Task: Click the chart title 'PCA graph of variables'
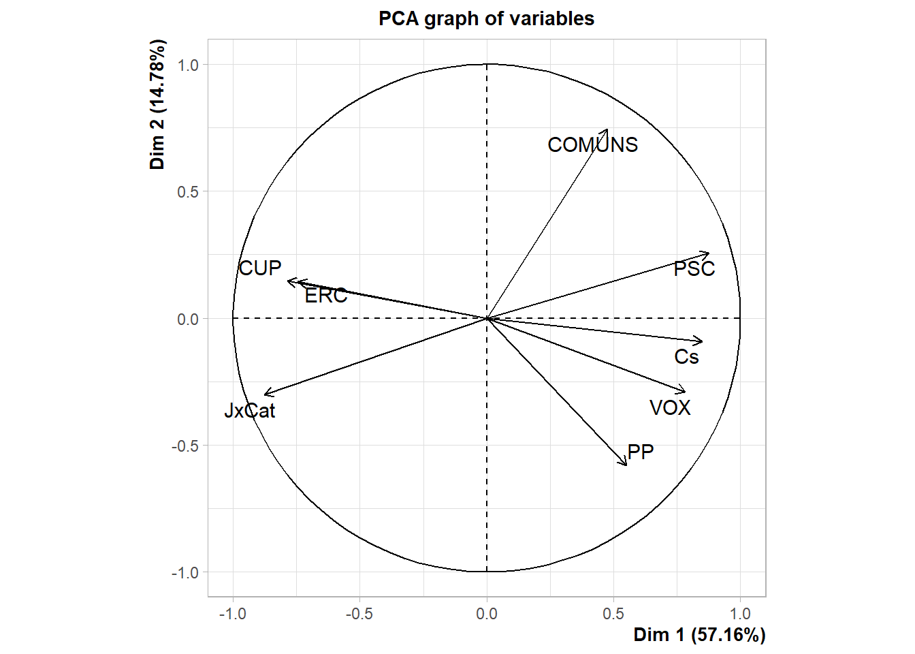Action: pyautogui.click(x=486, y=18)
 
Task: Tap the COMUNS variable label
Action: pyautogui.click(x=592, y=145)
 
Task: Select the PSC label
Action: pyautogui.click(x=694, y=269)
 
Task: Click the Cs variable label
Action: pyautogui.click(x=686, y=357)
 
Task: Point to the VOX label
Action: pyautogui.click(x=670, y=407)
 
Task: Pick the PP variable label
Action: pyautogui.click(x=640, y=452)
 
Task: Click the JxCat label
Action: pyautogui.click(x=250, y=411)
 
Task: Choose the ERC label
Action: pyautogui.click(x=325, y=296)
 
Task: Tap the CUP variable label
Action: pyautogui.click(x=260, y=268)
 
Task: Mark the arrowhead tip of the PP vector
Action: pyautogui.click(x=626, y=465)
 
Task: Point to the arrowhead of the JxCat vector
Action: pyautogui.click(x=265, y=394)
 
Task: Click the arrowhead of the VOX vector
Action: pyautogui.click(x=685, y=391)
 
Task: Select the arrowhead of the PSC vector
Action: pyautogui.click(x=709, y=254)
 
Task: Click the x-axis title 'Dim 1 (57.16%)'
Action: pyautogui.click(x=699, y=635)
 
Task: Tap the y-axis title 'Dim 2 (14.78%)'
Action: pyautogui.click(x=158, y=104)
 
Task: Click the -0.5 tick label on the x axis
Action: pyautogui.click(x=359, y=614)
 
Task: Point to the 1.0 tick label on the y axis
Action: pyautogui.click(x=188, y=65)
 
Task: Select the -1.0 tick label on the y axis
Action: pyautogui.click(x=185, y=573)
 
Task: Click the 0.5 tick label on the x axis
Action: pyautogui.click(x=613, y=614)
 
